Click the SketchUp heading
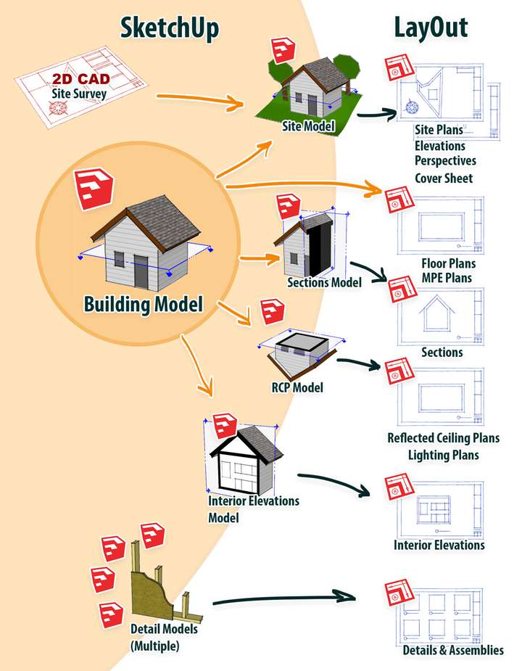click(170, 28)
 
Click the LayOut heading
click(431, 28)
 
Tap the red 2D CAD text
click(81, 79)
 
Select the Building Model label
click(144, 304)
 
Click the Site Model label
click(308, 125)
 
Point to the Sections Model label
click(324, 282)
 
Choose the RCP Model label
click(297, 387)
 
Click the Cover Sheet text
click(444, 178)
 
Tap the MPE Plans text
click(447, 278)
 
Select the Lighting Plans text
click(443, 455)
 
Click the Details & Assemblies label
click(453, 650)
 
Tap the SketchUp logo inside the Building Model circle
click(94, 189)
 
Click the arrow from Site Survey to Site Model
click(200, 101)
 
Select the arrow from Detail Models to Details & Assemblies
click(284, 598)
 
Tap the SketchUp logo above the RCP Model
click(273, 312)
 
